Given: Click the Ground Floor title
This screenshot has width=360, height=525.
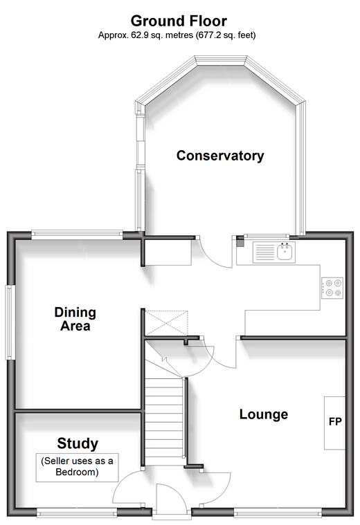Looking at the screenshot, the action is coord(179,21).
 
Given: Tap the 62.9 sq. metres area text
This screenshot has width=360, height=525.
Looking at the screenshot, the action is coord(177,35).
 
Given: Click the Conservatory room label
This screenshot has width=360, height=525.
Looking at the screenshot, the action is coord(220,156).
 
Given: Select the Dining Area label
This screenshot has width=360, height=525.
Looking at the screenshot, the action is coord(75,319).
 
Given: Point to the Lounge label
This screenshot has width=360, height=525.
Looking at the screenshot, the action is coord(264,414).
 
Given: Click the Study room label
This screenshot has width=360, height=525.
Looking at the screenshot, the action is coord(78,443).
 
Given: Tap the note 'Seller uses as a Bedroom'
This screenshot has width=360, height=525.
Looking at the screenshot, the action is coord(77,466).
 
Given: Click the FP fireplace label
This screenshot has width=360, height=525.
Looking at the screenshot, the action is coord(335,421).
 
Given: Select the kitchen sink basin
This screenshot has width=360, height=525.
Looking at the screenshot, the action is coord(285,252).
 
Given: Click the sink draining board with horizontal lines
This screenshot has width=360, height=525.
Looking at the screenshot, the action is coord(264,252).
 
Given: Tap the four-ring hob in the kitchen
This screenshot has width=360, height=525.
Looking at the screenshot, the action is coord(332,288).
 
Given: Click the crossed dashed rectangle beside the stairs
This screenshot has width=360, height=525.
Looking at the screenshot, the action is coord(166,323).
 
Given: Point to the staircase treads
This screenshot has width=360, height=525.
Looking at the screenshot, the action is coord(164,421).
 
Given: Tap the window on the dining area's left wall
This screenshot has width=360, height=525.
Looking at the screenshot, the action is coord(10,322).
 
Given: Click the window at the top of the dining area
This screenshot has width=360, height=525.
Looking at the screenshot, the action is coord(77,234).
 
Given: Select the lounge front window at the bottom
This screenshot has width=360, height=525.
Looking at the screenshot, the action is coord(278,512).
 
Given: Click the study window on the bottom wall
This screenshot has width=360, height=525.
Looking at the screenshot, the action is coord(77,512).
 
